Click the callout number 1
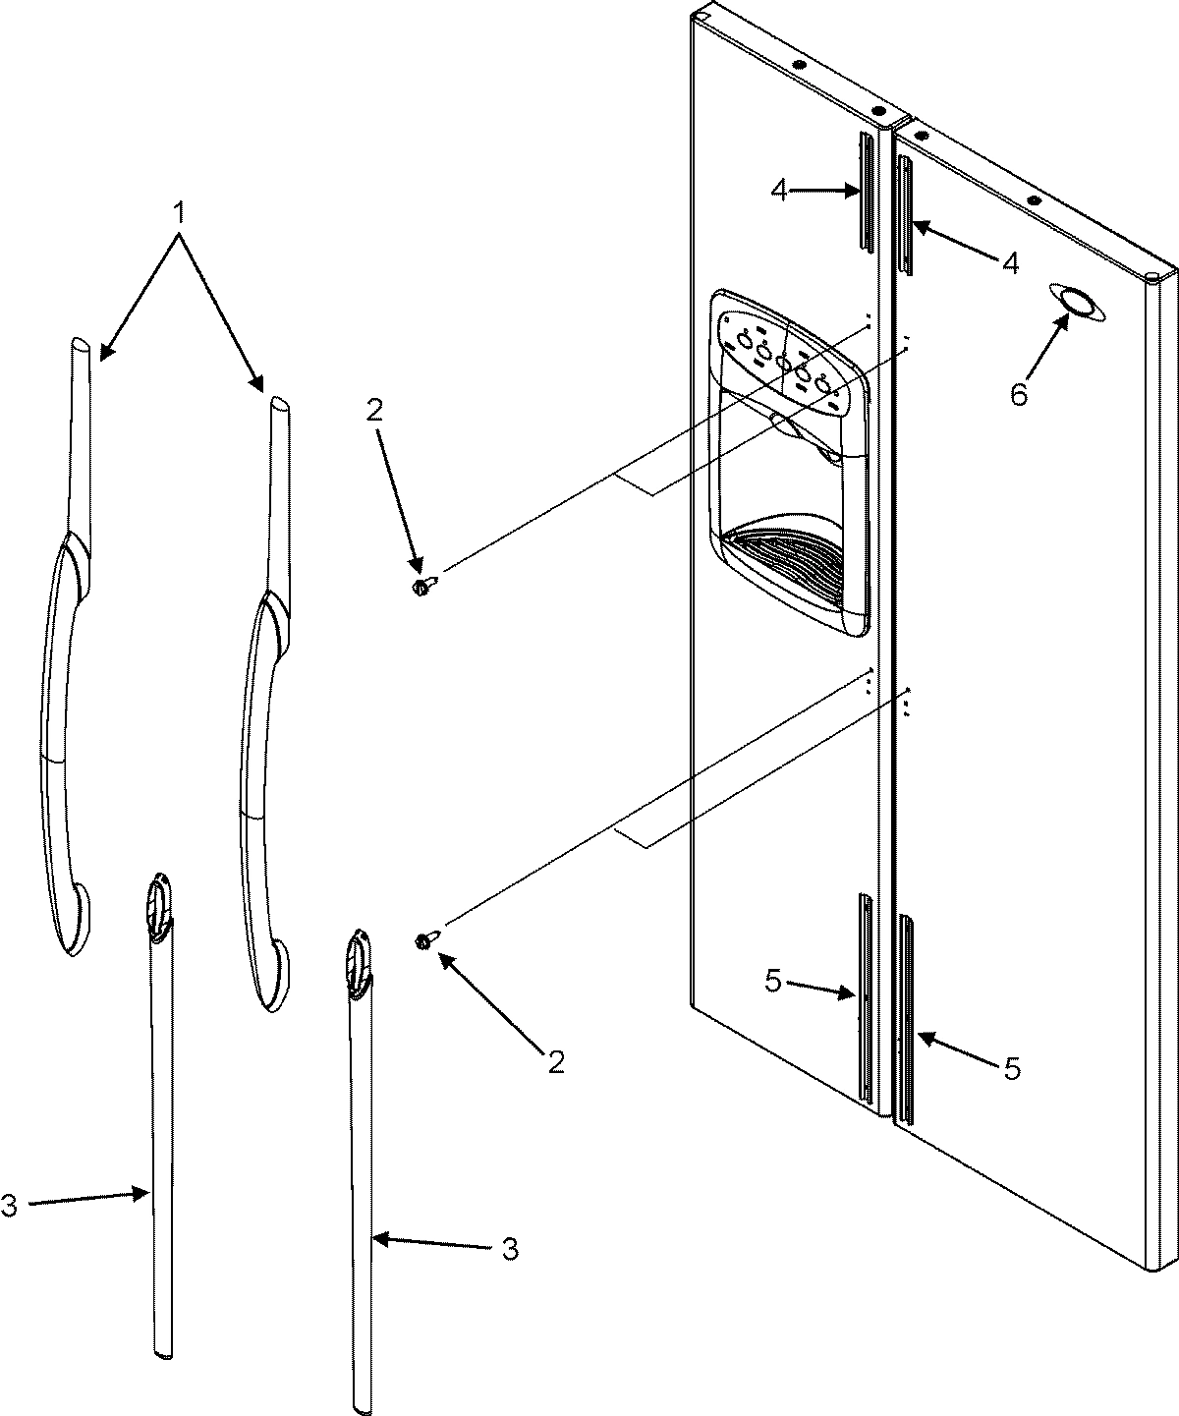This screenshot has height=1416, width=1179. point(179,211)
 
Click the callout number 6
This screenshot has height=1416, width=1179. point(1019,394)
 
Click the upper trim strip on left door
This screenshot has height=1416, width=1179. point(866,192)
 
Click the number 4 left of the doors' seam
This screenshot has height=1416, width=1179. point(778,191)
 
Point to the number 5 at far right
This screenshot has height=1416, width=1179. point(1013,1068)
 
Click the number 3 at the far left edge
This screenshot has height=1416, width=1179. point(9,1206)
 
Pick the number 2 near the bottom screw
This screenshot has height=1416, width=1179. point(556,1061)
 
